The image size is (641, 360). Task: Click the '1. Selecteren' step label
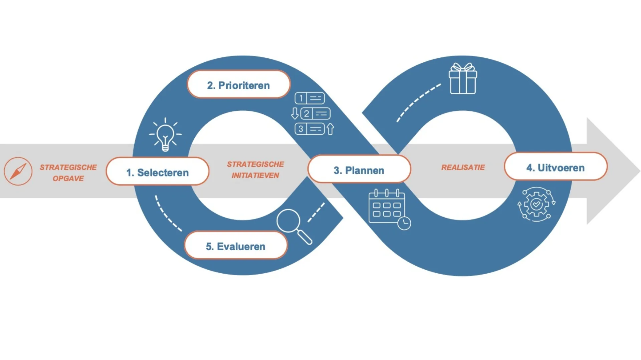(x=158, y=172)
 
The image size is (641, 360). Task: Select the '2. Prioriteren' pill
(x=238, y=85)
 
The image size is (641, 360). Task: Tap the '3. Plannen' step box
(x=359, y=170)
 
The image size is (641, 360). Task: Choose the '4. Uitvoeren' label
(x=555, y=167)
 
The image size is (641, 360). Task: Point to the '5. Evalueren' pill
(x=236, y=246)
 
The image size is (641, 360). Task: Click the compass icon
(x=18, y=171)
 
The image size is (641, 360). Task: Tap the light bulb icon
(x=165, y=135)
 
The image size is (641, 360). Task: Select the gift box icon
(x=463, y=79)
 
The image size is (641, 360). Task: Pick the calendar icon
(x=387, y=207)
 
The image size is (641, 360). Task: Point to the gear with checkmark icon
(x=536, y=204)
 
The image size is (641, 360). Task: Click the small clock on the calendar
(x=404, y=223)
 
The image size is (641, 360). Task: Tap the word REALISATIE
(x=463, y=167)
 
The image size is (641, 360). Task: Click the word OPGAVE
(x=68, y=178)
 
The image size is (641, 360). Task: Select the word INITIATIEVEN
(x=255, y=175)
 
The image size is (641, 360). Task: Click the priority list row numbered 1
(x=310, y=98)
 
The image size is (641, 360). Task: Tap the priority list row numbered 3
(x=310, y=129)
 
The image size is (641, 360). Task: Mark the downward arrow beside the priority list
(x=295, y=113)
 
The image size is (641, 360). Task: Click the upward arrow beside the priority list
(x=330, y=129)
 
